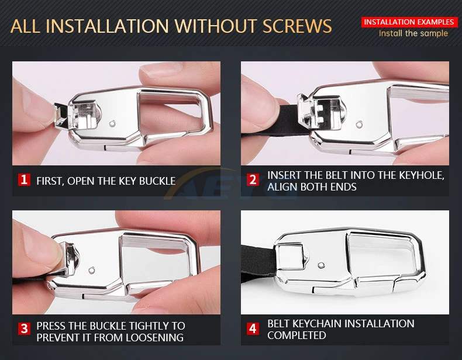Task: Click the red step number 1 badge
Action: (24, 179)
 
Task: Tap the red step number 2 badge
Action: (253, 179)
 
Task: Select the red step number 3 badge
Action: (24, 328)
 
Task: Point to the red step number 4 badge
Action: (253, 328)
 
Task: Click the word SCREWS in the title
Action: (297, 26)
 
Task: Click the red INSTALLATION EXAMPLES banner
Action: (409, 22)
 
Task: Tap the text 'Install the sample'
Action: (413, 33)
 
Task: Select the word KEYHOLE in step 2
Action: (421, 175)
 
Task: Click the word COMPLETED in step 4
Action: (296, 335)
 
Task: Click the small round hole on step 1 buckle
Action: (112, 124)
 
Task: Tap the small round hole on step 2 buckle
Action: (359, 124)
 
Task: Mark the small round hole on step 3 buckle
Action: (92, 269)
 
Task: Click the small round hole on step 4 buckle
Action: (322, 265)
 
